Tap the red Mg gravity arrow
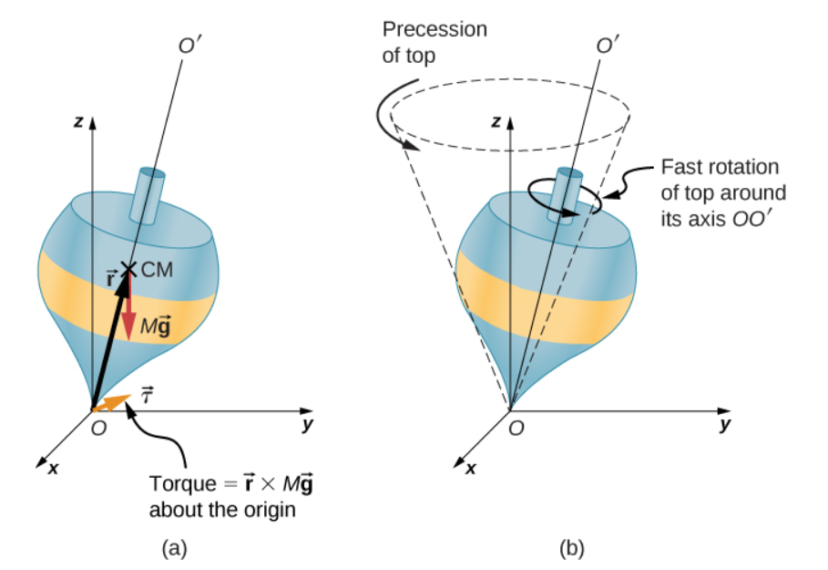pos(128,306)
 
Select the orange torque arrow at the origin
pos(112,402)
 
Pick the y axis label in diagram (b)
pos(725,425)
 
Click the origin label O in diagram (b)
pos(516,430)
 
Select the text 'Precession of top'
pos(434,42)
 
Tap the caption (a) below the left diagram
pos(174,548)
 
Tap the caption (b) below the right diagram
pos(573,548)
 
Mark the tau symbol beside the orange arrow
pos(147,395)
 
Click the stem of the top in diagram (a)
pos(148,193)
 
